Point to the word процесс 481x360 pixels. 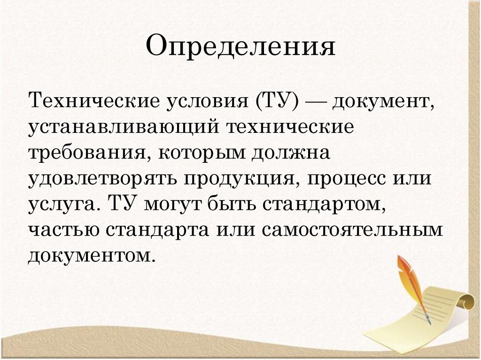click(335, 180)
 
